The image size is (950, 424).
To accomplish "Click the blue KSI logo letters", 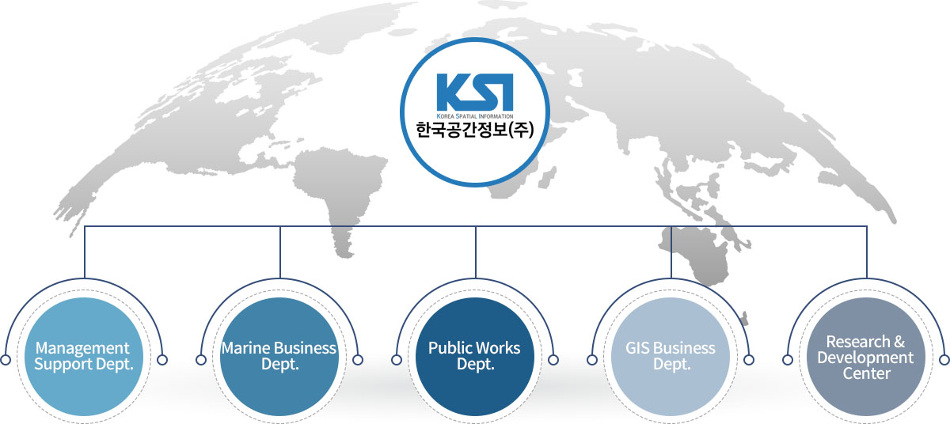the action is point(474,93).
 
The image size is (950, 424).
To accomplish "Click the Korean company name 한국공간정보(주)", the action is point(474,130).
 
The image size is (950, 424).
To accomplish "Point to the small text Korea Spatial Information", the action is point(474,115).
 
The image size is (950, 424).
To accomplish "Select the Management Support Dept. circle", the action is point(85,357).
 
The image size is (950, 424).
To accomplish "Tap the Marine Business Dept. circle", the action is point(279,357).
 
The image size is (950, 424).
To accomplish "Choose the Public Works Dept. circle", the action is point(475,357).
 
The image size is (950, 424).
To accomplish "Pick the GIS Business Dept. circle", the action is point(671,357).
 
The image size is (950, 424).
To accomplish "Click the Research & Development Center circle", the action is point(865,357).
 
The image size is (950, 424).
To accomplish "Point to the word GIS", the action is point(637,348).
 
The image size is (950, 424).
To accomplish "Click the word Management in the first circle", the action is point(82,348).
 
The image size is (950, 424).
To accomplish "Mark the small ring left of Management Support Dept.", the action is point(6,360).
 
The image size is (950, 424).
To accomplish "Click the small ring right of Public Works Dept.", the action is point(553,360).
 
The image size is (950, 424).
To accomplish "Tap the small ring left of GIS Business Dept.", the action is point(592,360).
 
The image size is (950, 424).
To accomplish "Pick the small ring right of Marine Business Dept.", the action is point(358,360).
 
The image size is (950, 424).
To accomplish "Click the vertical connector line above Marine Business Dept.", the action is point(280,252).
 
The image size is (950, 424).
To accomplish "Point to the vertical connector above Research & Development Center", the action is point(866,252).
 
